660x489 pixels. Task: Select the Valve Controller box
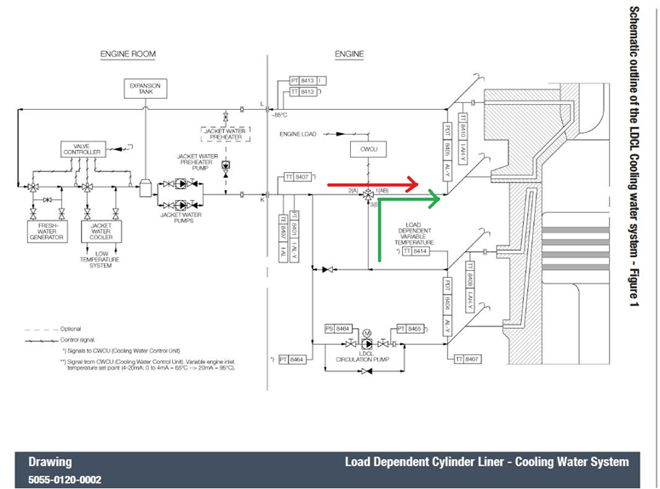tap(82, 149)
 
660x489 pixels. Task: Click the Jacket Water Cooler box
tap(101, 233)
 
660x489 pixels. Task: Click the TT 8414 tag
tap(416, 251)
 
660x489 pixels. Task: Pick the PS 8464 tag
tap(338, 328)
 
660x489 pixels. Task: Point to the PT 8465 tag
tap(409, 328)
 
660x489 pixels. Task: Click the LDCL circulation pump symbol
tap(367, 343)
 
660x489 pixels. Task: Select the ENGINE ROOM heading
tap(127, 55)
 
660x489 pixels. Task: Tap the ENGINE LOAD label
tap(303, 135)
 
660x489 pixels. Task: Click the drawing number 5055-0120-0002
tap(65, 480)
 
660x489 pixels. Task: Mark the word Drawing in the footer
tap(49, 463)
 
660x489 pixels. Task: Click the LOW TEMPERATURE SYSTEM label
tap(101, 260)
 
